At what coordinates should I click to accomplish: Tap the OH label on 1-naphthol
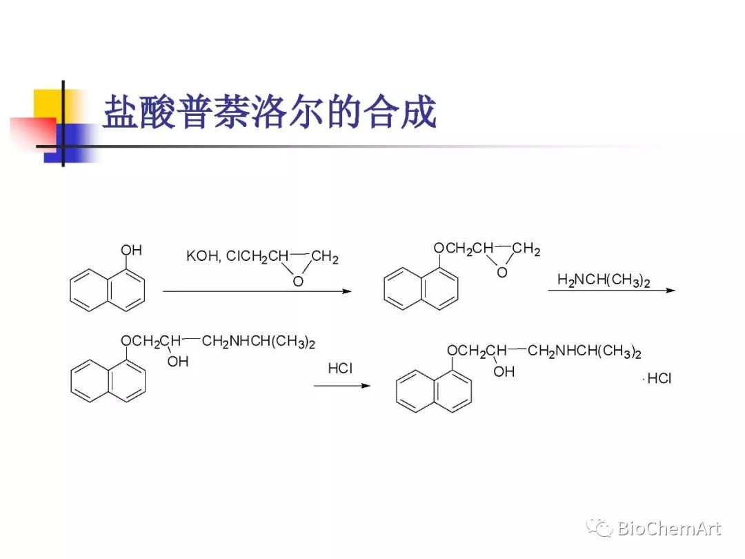coord(131,250)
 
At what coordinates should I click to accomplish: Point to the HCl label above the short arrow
coord(340,369)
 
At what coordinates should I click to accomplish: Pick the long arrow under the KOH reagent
coord(257,291)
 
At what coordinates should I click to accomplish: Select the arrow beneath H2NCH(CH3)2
coord(611,291)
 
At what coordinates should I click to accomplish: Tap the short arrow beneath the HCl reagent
coord(342,385)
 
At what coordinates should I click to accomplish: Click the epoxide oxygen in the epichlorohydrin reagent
coord(298,281)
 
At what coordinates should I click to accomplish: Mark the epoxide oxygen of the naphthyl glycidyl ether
coord(502,273)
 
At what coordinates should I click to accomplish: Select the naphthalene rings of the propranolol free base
coord(108,380)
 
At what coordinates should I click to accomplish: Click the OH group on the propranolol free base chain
coord(177,362)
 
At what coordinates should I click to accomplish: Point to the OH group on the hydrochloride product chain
coord(504,371)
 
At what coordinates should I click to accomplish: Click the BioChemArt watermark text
coord(668,529)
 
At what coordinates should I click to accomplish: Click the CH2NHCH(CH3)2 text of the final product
coord(584,351)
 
